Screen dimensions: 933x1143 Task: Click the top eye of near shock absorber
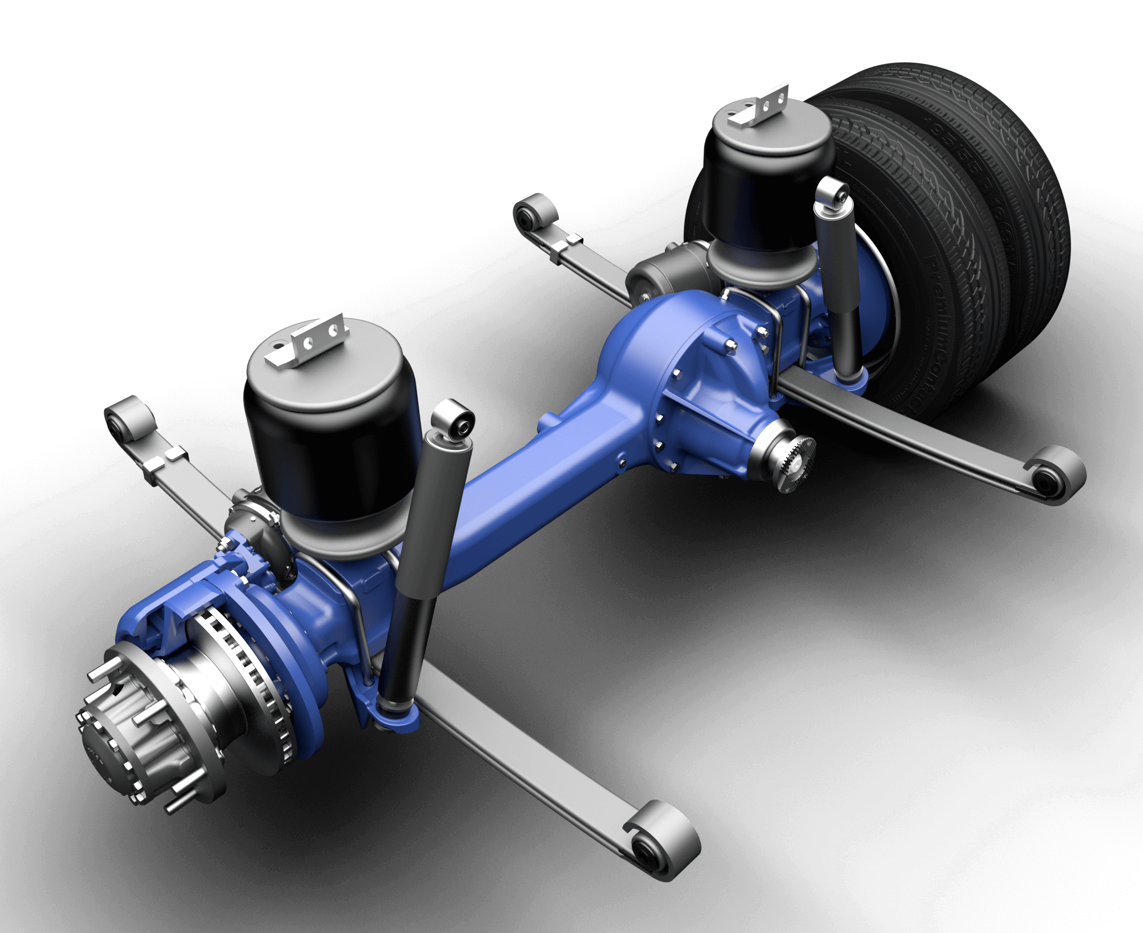pyautogui.click(x=454, y=423)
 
